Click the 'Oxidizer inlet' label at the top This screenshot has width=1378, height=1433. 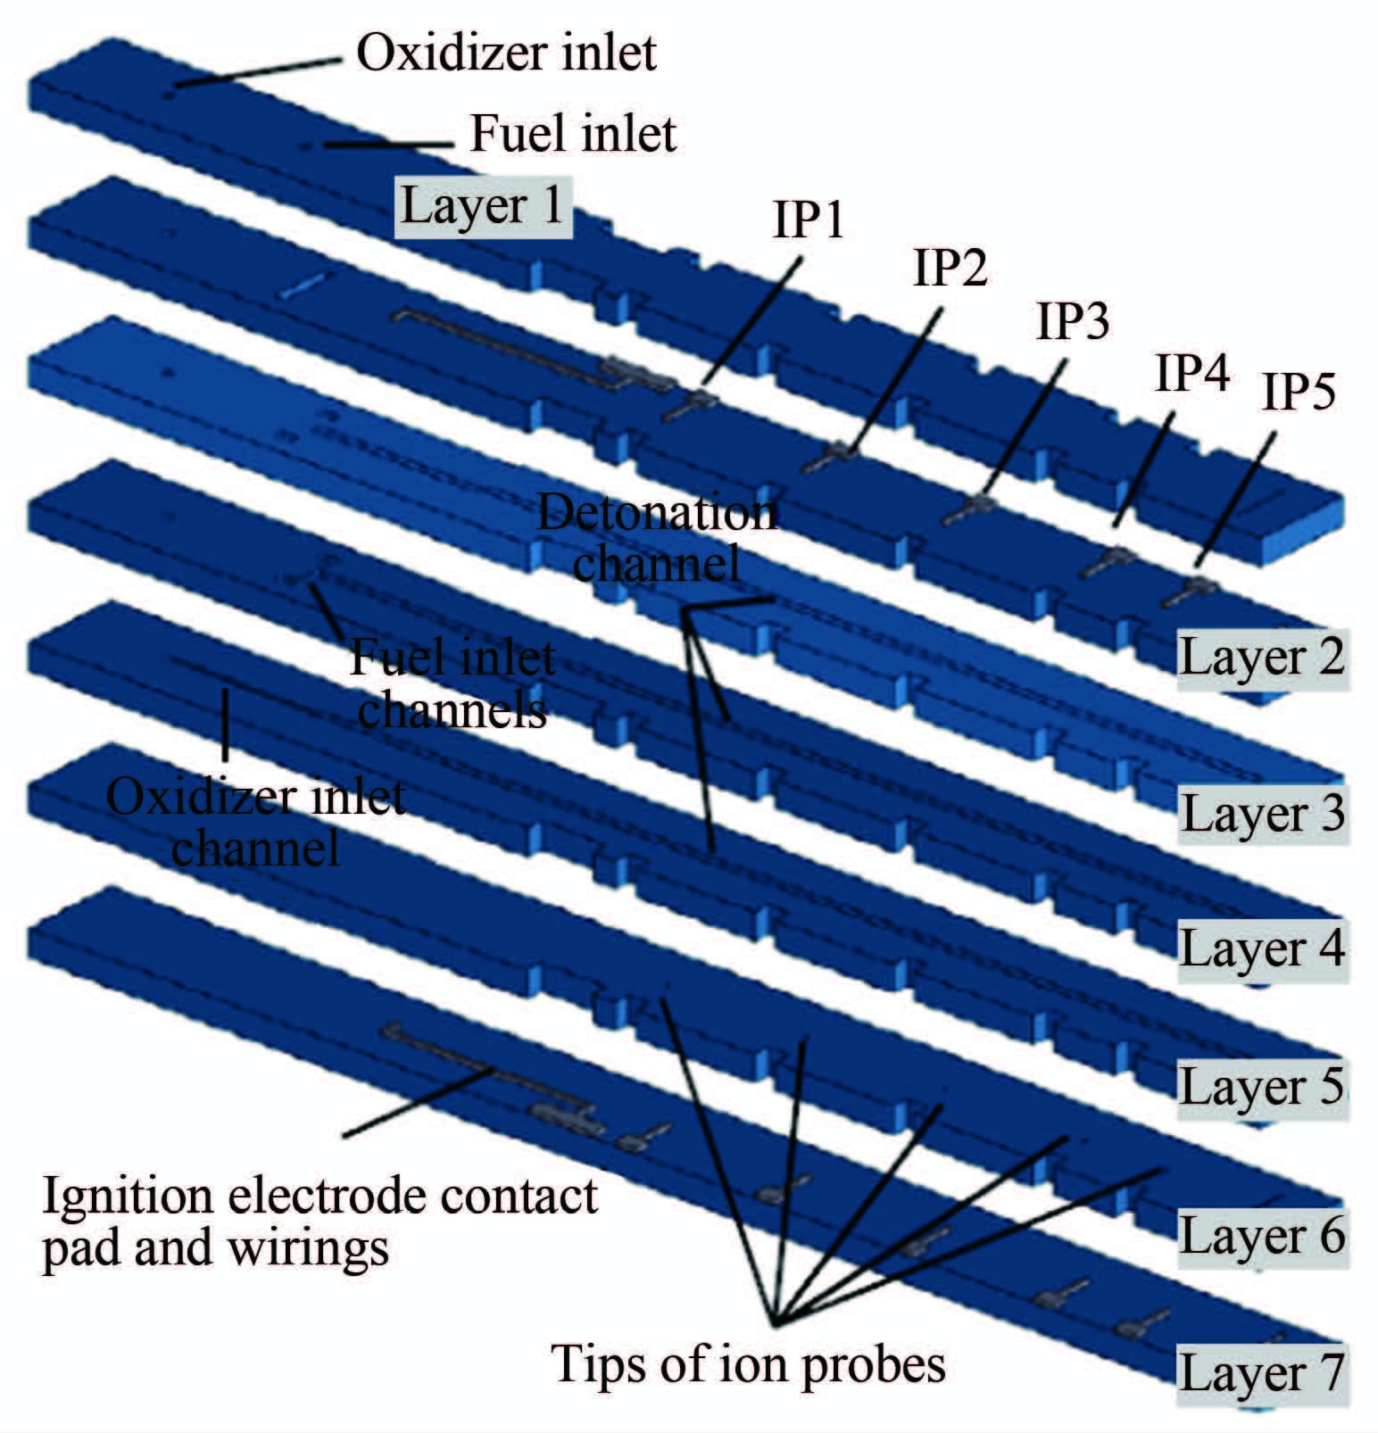506,53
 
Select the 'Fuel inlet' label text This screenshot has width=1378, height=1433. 572,134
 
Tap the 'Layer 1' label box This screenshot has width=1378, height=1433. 483,206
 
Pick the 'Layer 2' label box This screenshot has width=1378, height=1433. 1261,659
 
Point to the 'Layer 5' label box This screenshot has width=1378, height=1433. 1261,1088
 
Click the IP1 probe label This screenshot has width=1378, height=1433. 808,220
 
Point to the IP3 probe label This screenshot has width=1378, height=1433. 1072,322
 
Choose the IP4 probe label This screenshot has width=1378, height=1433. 1192,374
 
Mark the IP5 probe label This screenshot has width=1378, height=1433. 1298,393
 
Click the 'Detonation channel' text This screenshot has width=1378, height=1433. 657,538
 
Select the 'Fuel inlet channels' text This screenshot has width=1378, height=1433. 452,684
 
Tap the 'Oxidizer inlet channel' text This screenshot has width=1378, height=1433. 256,823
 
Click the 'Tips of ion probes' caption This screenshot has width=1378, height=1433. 749,1364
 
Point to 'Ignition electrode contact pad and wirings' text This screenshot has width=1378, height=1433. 320,1222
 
